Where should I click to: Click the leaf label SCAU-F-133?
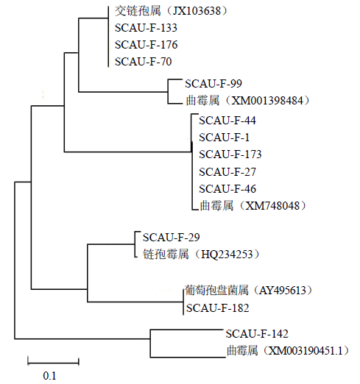(146, 28)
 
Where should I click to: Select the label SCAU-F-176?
(147, 45)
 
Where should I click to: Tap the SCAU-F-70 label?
(144, 62)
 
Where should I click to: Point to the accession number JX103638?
(197, 11)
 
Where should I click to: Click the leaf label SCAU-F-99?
(213, 84)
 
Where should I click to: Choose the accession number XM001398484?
(267, 101)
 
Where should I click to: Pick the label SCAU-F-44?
(227, 121)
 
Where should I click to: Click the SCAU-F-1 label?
(225, 138)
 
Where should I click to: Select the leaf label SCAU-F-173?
(230, 154)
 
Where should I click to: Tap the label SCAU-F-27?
(227, 171)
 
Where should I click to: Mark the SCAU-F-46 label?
(227, 189)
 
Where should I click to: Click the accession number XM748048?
(272, 206)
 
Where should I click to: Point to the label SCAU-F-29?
(172, 238)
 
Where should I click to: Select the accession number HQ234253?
(227, 255)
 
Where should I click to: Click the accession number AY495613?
(283, 291)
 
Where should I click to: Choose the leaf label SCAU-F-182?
(218, 308)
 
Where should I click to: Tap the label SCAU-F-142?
(257, 334)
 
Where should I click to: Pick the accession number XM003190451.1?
(305, 351)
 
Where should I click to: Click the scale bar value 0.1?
(49, 376)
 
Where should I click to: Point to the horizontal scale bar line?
(53, 362)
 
